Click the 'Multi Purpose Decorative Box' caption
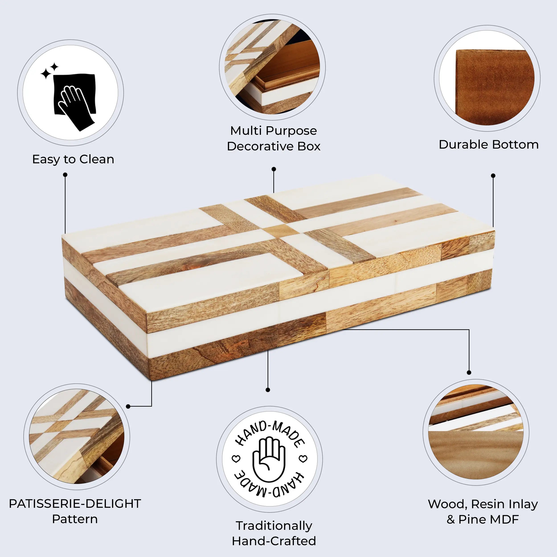point(273,138)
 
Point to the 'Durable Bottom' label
point(488,144)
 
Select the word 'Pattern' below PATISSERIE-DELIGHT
point(75,519)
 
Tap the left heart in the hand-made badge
point(236,458)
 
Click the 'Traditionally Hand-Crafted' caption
point(274,533)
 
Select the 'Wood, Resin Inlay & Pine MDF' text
point(483,512)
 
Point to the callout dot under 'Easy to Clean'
point(65,175)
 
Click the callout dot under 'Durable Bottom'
point(493,176)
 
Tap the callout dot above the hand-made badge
point(268,390)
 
